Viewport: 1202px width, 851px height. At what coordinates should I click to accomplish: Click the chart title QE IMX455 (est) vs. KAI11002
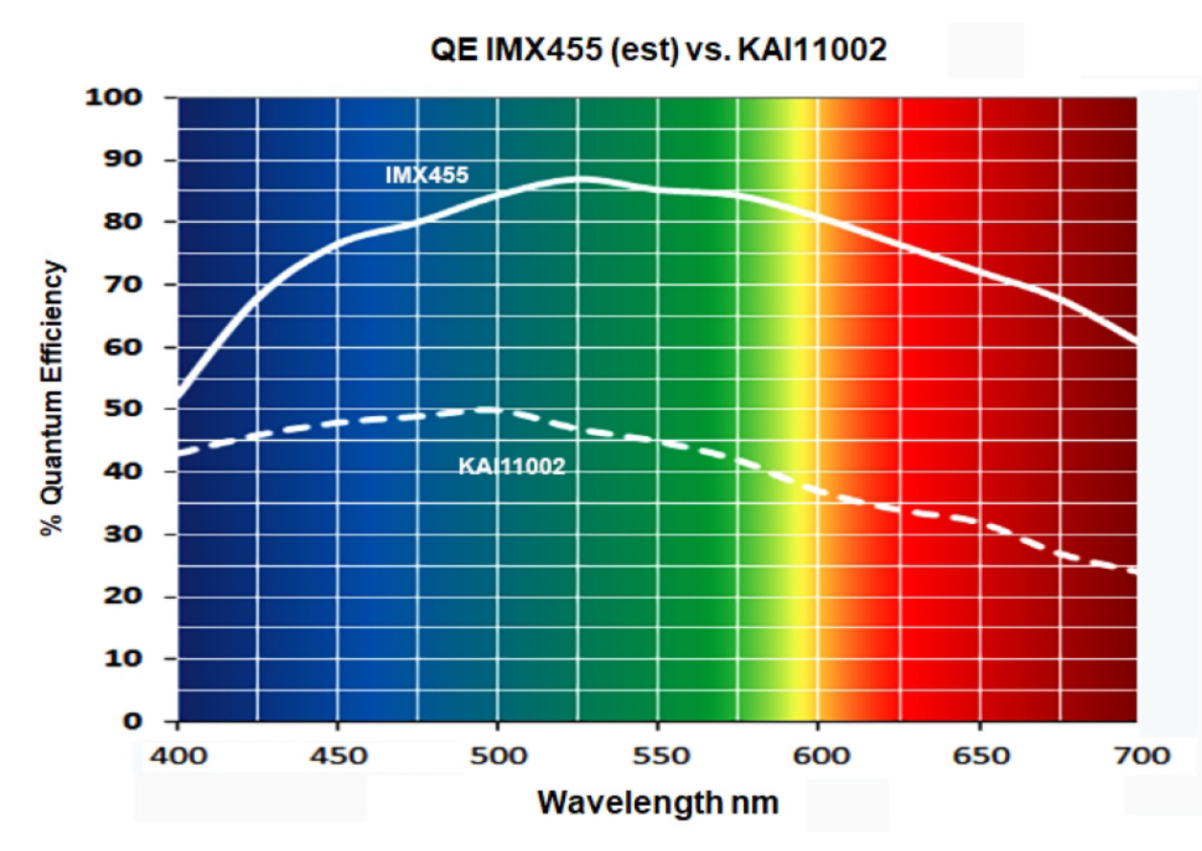pos(659,51)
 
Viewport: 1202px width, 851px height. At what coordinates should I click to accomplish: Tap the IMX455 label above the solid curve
pos(427,175)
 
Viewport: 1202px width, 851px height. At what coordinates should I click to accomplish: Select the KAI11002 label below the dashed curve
pos(512,467)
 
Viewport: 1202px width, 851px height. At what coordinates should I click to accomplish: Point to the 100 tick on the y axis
pos(114,98)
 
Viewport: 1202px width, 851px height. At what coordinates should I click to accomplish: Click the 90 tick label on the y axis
pos(123,160)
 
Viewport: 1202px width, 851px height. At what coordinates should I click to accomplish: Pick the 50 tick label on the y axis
pos(123,409)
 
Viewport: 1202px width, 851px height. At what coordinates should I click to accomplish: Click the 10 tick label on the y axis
pos(123,659)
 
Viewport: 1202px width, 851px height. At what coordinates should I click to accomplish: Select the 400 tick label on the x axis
pos(178,756)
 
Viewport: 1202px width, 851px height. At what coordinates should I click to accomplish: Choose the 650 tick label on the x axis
pos(981,756)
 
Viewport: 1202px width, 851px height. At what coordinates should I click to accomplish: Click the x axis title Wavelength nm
pos(658,803)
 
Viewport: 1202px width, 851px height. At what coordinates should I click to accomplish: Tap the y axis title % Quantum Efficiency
pos(52,398)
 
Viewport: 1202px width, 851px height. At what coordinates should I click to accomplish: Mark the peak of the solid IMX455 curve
pos(579,179)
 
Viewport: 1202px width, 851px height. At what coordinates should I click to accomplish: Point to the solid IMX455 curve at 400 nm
pos(179,394)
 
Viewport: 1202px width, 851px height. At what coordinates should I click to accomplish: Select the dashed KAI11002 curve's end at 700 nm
pos(1136,571)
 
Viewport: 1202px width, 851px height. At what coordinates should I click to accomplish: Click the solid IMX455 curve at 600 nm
pos(818,217)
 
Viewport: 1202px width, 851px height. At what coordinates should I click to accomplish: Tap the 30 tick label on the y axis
pos(123,534)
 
